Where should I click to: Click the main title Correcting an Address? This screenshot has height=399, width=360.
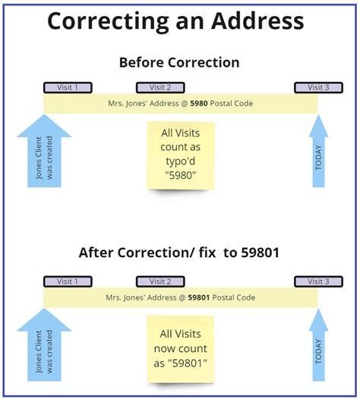point(175,20)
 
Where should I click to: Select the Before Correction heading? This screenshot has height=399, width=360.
point(180,61)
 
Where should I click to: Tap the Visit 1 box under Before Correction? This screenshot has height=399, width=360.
point(68,87)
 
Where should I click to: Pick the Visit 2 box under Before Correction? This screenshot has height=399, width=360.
point(160,87)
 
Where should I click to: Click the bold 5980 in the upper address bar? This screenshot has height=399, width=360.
point(199,102)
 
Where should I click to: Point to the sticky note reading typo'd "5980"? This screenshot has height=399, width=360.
point(181,156)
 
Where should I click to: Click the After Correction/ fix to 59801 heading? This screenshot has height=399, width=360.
point(180,253)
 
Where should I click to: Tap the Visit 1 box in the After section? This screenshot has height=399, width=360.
point(68,281)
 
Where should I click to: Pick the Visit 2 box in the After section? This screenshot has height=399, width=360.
point(160,281)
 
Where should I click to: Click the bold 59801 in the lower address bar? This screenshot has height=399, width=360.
point(200,297)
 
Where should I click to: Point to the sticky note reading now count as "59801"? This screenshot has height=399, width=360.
point(181,349)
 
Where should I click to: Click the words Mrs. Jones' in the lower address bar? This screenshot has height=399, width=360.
point(122,297)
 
